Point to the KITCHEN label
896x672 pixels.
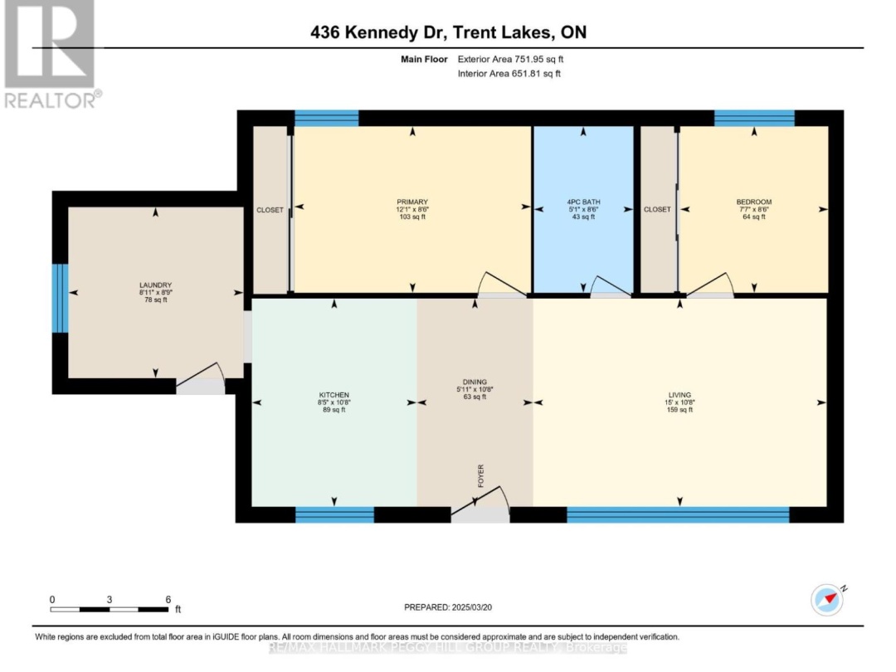(334, 395)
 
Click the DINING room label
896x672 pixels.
(475, 382)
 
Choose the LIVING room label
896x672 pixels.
(679, 395)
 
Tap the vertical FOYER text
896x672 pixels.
(480, 474)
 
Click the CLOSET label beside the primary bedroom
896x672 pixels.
(270, 210)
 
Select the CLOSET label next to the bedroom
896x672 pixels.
(657, 210)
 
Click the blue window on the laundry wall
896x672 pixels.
(60, 298)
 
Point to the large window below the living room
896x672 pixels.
(678, 515)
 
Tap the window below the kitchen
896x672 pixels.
(334, 515)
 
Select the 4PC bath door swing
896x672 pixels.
(609, 288)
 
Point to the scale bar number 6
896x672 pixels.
(168, 599)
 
